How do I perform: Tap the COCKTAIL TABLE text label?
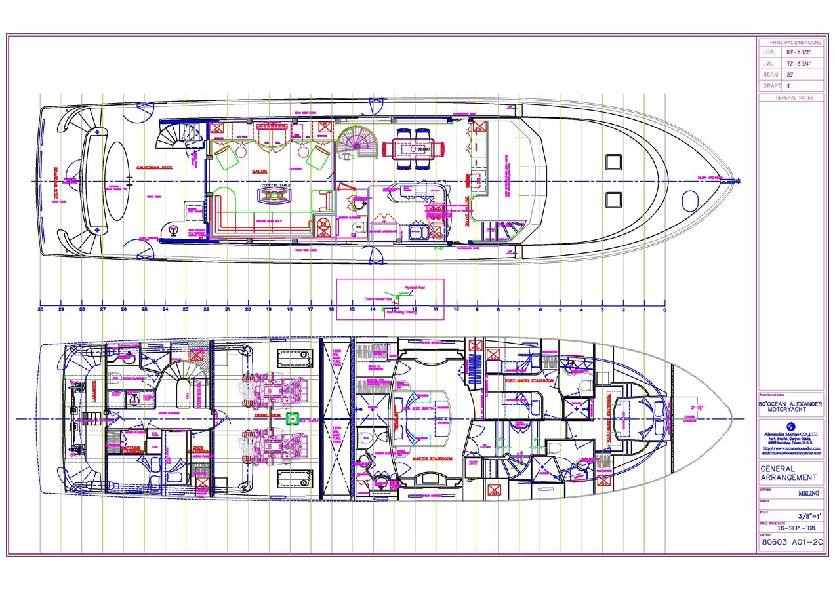pyautogui.click(x=275, y=186)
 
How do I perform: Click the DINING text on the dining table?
pyautogui.click(x=424, y=149)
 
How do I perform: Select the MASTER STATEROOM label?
pyautogui.click(x=434, y=458)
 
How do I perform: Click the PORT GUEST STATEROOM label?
pyautogui.click(x=529, y=380)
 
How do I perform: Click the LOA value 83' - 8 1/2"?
pyautogui.click(x=794, y=52)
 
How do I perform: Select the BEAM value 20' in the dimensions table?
pyautogui.click(x=790, y=75)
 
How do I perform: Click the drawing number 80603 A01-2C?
pyautogui.click(x=790, y=542)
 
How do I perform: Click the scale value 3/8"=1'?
pyautogui.click(x=804, y=516)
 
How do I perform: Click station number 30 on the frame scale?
pyautogui.click(x=41, y=309)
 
